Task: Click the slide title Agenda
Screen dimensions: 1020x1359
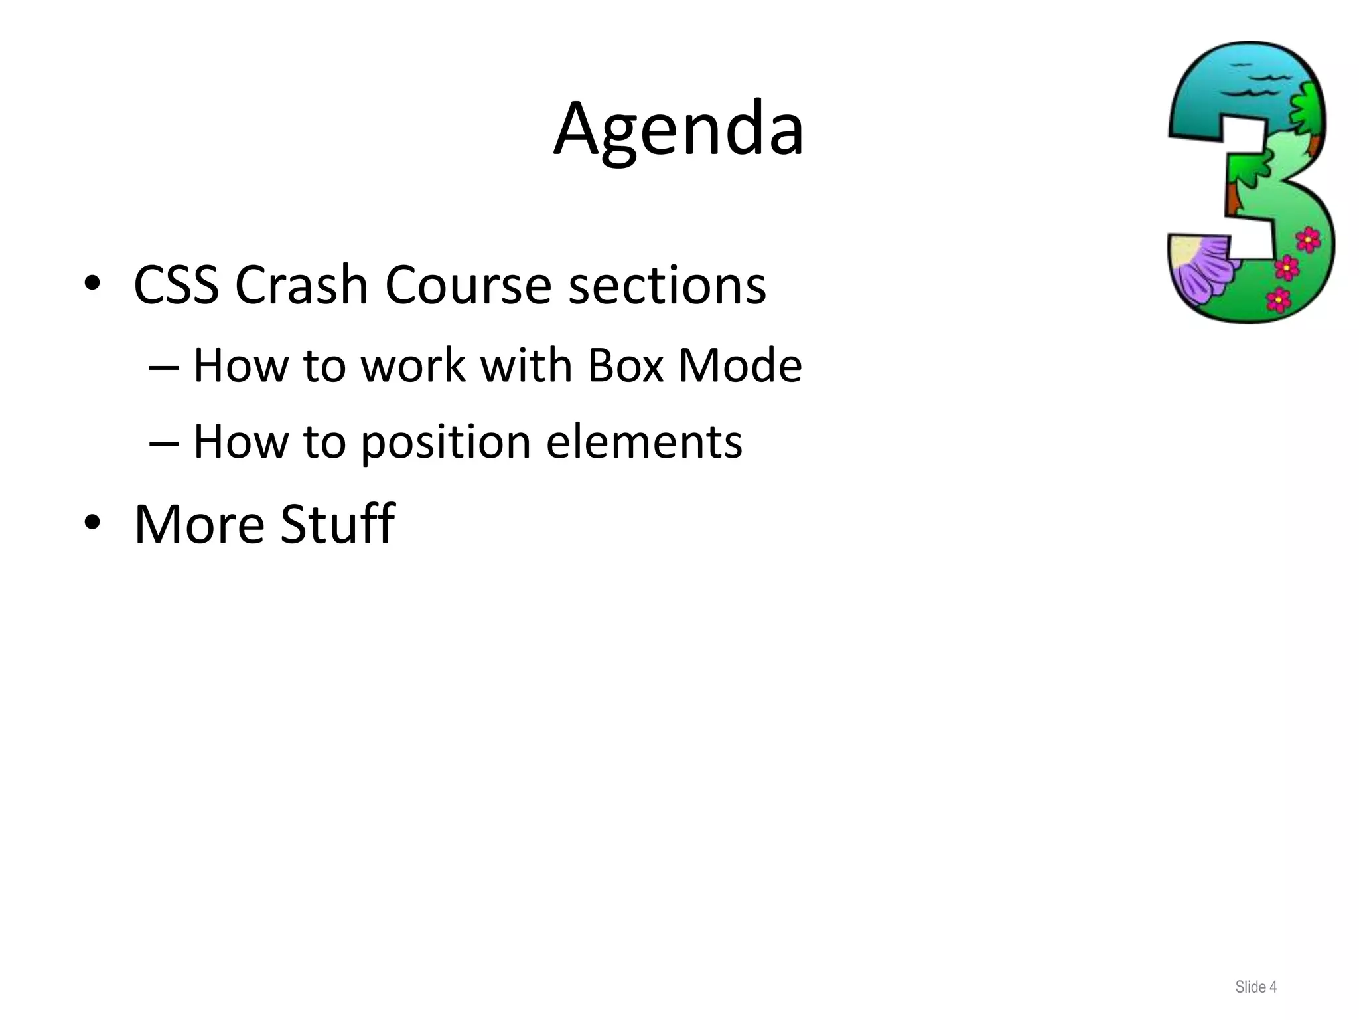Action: coord(679,129)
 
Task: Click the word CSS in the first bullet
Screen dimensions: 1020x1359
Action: coord(176,286)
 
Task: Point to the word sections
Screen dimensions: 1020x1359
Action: coord(667,286)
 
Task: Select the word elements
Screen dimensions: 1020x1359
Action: coord(644,442)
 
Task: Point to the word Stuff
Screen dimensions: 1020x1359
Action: coord(337,525)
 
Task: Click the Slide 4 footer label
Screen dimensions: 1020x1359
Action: coord(1255,987)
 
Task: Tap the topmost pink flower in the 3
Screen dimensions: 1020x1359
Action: coord(1308,238)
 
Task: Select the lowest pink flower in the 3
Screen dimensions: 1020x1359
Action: coord(1278,299)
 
